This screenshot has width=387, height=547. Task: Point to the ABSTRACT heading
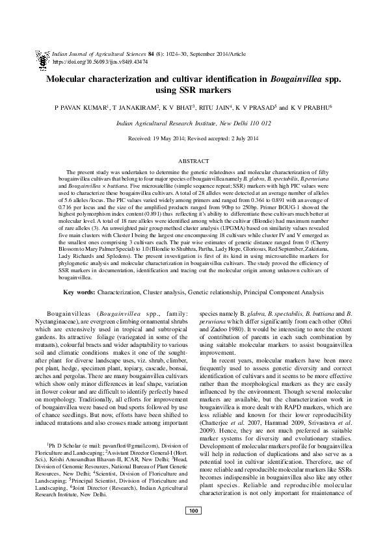click(x=193, y=159)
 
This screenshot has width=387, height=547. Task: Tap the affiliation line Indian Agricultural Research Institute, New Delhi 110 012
click(x=193, y=123)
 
